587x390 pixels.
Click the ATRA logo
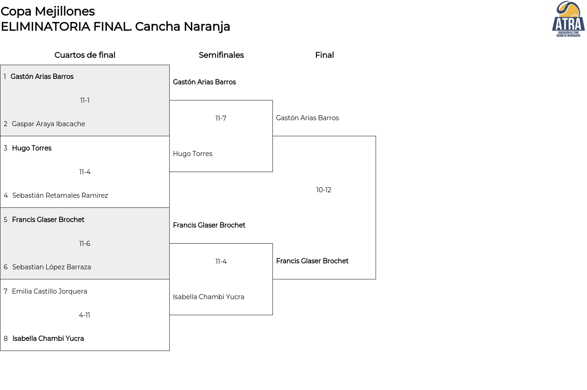coord(568,19)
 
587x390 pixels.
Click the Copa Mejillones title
coord(48,11)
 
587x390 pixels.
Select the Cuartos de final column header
coord(85,55)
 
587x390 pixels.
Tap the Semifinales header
coord(221,55)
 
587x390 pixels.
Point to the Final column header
coord(324,55)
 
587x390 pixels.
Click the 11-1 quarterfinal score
coord(85,100)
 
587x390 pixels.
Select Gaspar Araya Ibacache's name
coord(49,124)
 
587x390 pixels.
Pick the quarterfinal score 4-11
coord(84,315)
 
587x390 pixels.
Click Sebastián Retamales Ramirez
coord(60,195)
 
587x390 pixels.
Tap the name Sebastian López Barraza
coord(52,267)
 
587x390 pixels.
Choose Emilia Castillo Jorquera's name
coord(50,291)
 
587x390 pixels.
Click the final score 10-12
coord(324,190)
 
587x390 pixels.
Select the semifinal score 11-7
coord(221,118)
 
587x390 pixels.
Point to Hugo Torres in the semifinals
coord(193,154)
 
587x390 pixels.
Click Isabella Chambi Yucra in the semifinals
coord(209,297)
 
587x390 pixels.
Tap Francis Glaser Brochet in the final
coord(312,261)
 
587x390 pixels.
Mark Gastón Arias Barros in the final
coord(307,118)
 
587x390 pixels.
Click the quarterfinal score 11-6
coord(85,244)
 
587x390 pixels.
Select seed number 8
coord(6,339)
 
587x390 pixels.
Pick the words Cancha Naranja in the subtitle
coord(183,27)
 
